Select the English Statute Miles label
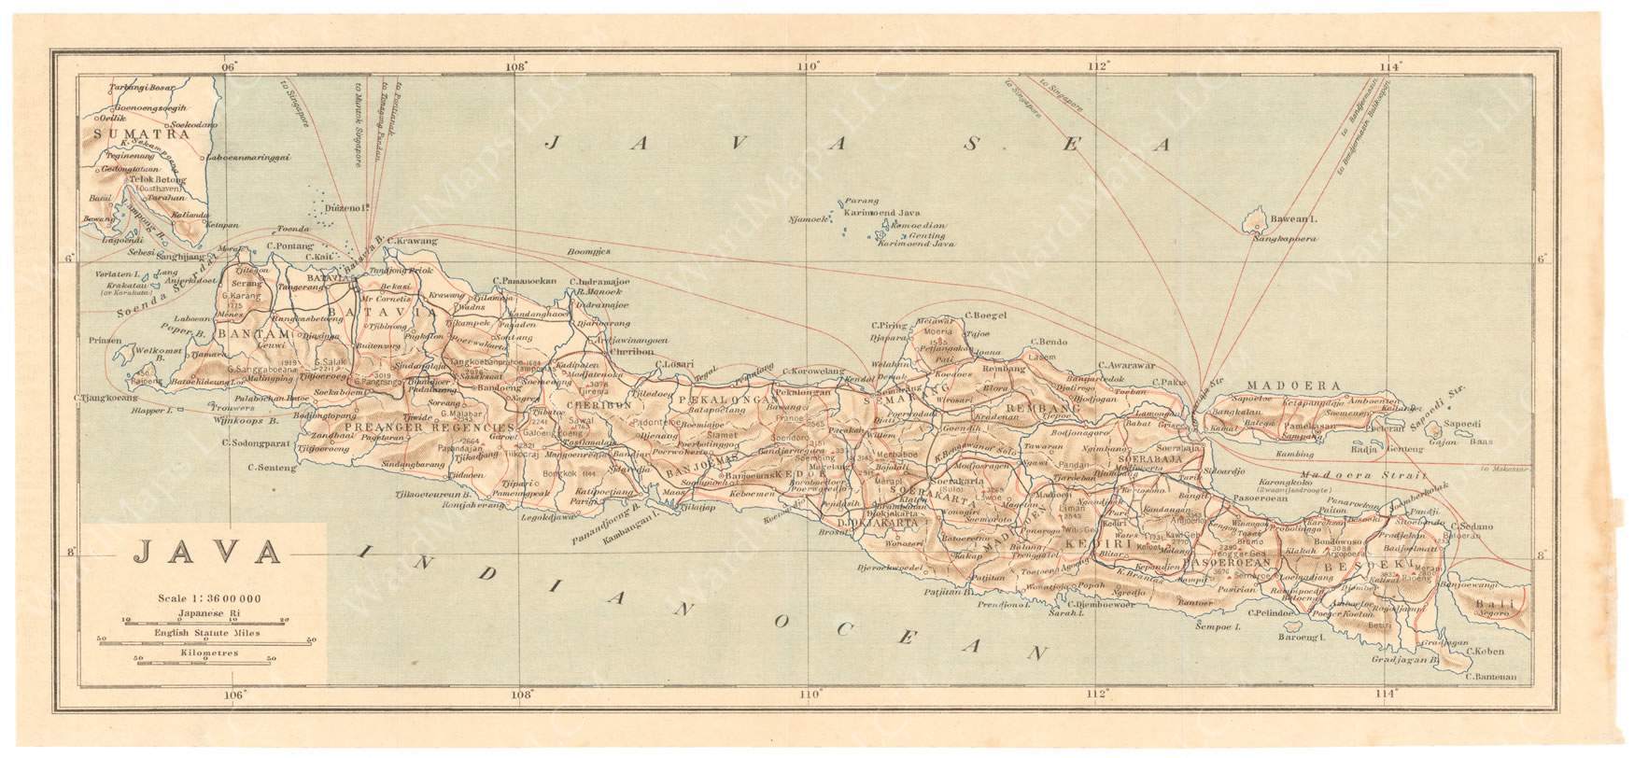(205, 633)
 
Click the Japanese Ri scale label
(205, 613)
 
